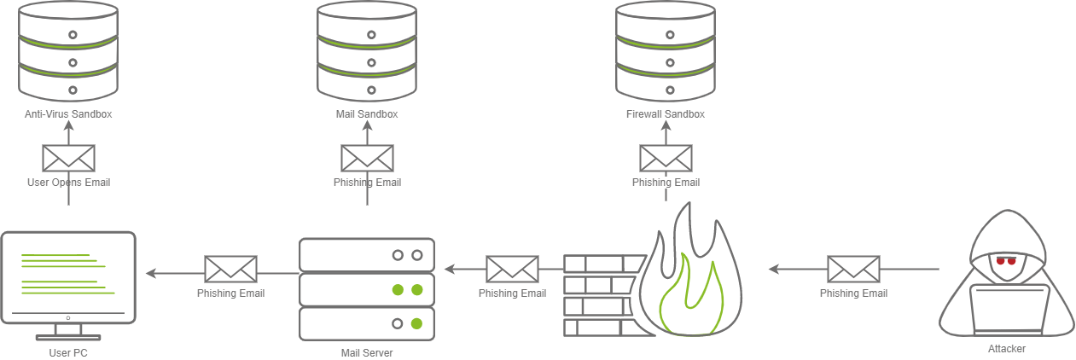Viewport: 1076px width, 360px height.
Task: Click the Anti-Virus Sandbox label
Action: point(68,113)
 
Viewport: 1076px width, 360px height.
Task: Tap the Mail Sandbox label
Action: point(367,113)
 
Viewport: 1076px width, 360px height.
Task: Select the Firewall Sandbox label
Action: point(666,113)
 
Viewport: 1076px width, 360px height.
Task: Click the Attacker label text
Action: point(1007,349)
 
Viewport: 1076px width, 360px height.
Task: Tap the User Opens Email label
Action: point(68,183)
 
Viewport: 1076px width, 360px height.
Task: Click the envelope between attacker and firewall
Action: point(853,270)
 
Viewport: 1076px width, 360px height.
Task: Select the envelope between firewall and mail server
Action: point(512,270)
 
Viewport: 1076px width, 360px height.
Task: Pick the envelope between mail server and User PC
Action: point(230,270)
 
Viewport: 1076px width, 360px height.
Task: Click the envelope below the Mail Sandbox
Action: point(367,159)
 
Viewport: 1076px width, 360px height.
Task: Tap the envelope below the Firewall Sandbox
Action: point(666,159)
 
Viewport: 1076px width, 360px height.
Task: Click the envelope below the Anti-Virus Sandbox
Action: point(68,159)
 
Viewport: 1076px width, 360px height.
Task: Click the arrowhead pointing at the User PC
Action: point(150,273)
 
